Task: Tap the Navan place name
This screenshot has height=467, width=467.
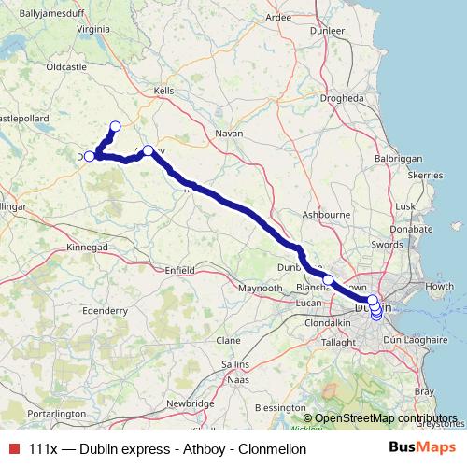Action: [229, 134]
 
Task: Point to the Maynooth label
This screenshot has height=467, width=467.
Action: [259, 289]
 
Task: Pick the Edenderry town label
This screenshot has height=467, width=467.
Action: [105, 309]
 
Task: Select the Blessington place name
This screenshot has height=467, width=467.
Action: [279, 407]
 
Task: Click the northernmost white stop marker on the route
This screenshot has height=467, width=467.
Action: [115, 126]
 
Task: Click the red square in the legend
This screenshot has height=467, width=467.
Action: [13, 448]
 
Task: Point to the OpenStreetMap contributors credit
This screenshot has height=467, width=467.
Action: [385, 418]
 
